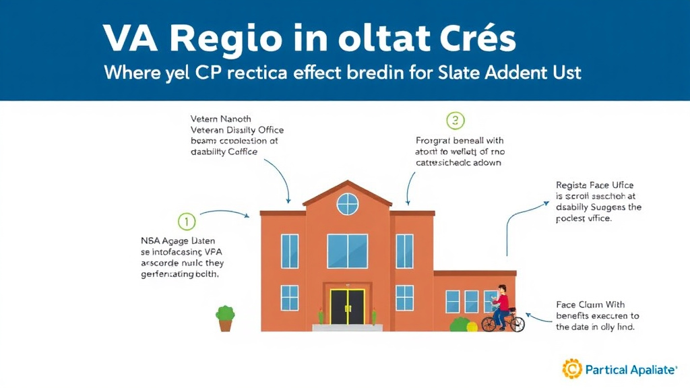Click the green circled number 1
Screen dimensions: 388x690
pos(187,221)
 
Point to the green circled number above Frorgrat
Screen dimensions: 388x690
pos(456,121)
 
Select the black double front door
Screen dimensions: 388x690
pos(347,306)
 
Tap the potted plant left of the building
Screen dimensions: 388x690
pos(225,318)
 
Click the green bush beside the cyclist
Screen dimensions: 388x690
pos(460,325)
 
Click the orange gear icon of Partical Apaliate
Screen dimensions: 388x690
pos(572,369)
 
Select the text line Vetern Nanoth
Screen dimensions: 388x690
pos(221,119)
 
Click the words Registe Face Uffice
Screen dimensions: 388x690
pos(594,185)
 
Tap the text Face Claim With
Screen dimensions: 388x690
pos(590,304)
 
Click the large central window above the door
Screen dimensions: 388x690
pos(347,251)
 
